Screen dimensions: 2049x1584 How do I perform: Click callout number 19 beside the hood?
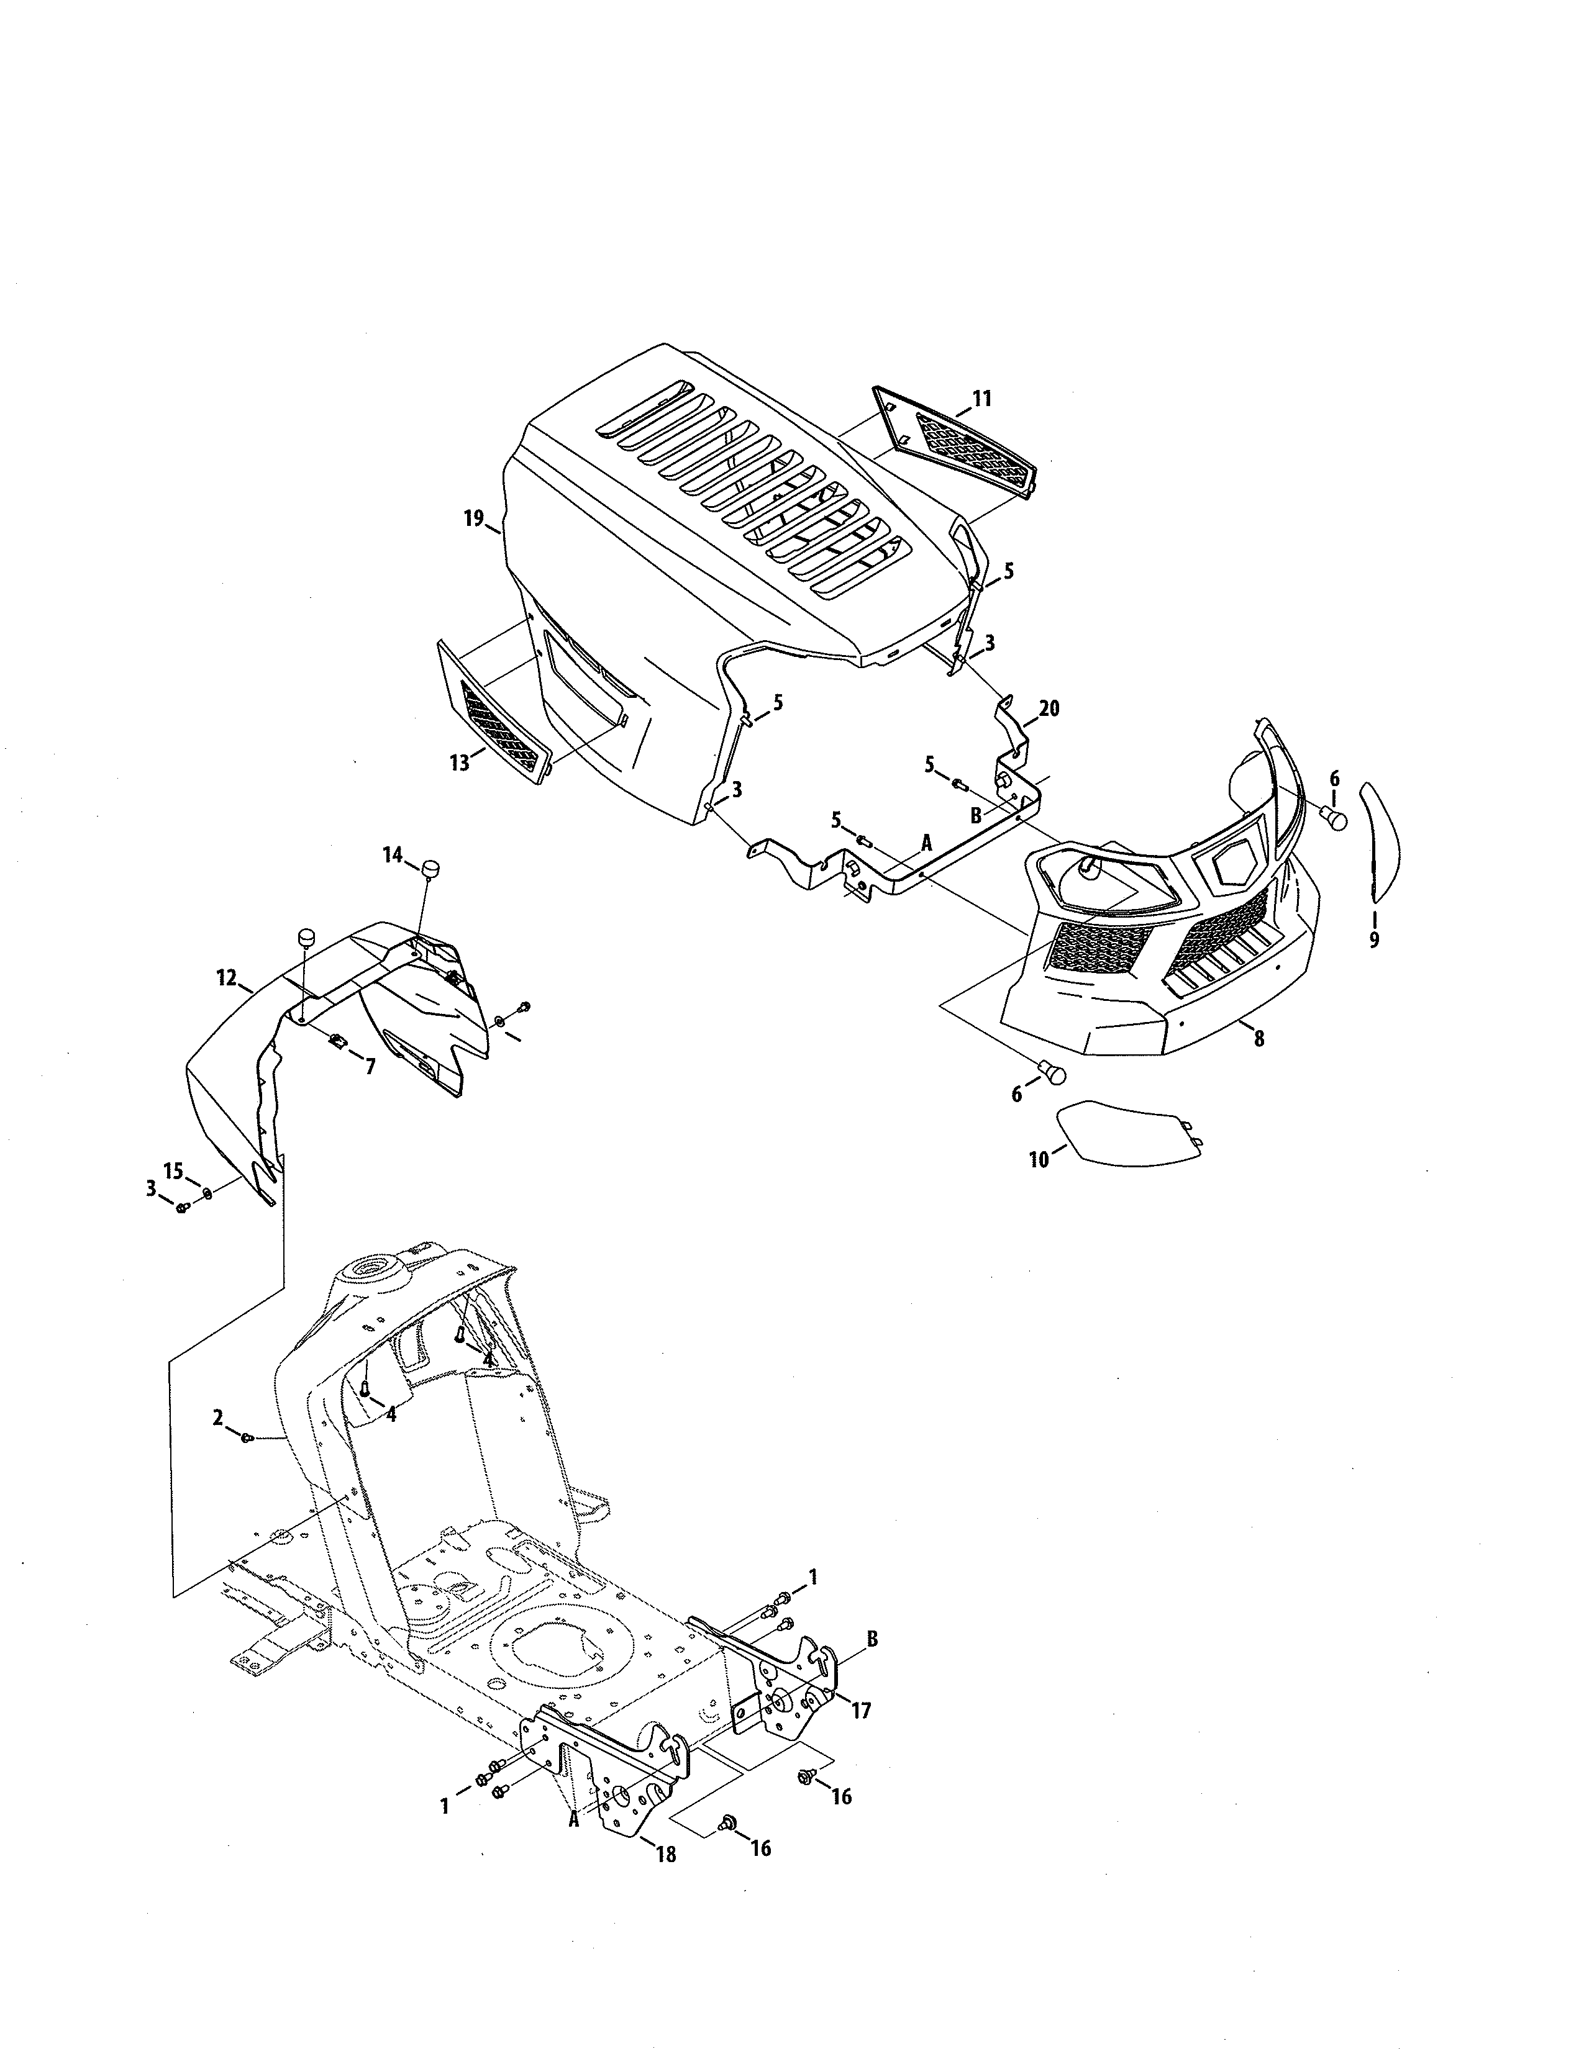(473, 518)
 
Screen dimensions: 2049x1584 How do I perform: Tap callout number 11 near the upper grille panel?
(981, 399)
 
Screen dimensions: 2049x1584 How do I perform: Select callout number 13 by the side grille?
(459, 762)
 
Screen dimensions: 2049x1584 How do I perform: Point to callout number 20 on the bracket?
(1049, 708)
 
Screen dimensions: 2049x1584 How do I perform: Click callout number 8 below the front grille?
(1259, 1039)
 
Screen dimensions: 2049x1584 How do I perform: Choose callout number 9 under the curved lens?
(1374, 938)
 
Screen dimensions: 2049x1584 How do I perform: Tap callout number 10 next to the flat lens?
(1039, 1160)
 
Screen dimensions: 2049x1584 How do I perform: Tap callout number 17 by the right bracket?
(860, 1711)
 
